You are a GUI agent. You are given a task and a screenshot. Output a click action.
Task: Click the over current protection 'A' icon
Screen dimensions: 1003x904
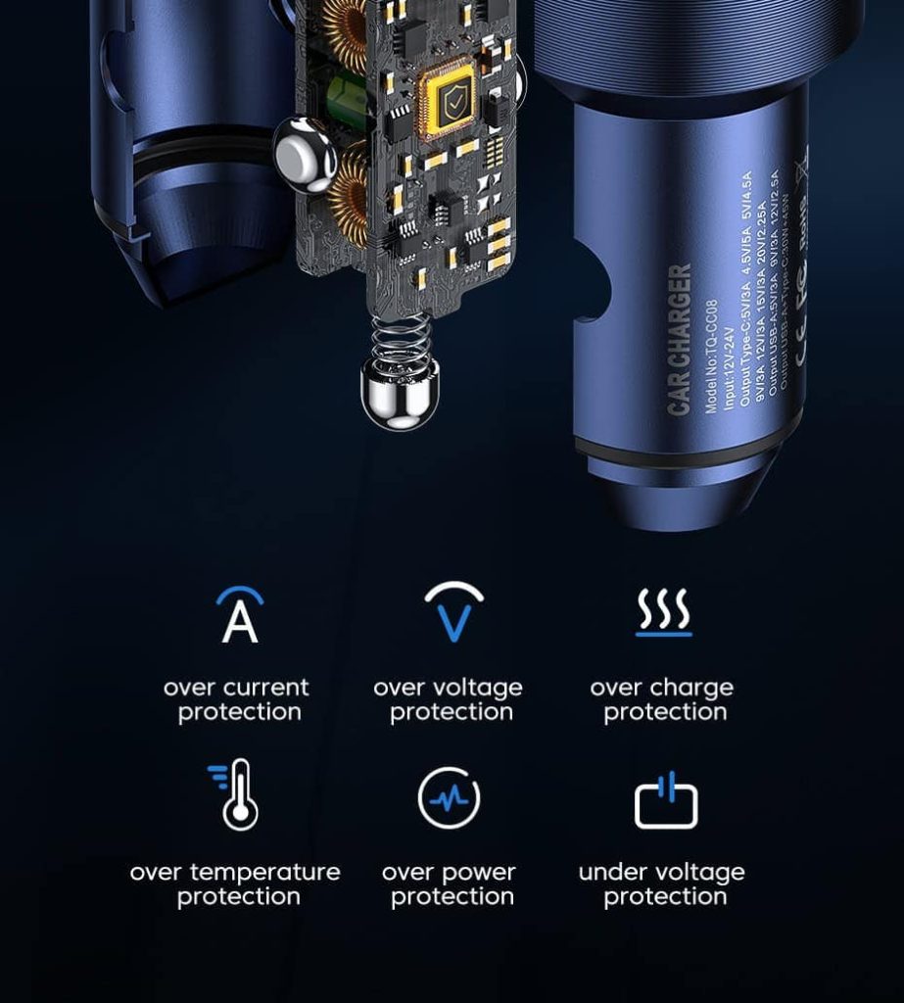tap(240, 615)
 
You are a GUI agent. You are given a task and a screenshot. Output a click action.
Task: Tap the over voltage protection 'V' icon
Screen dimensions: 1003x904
tap(453, 613)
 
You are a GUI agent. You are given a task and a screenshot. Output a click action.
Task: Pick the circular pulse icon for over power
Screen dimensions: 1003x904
tap(450, 798)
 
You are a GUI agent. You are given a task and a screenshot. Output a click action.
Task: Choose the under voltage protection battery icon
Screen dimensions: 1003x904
tap(666, 800)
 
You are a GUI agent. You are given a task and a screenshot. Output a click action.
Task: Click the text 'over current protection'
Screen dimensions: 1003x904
tap(237, 699)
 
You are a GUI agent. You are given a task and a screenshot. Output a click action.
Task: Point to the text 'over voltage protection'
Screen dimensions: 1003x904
tap(449, 699)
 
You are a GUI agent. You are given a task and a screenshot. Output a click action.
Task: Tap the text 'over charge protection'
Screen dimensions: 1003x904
tap(662, 699)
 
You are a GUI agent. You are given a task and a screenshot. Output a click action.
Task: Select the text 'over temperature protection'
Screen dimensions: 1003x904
tap(235, 884)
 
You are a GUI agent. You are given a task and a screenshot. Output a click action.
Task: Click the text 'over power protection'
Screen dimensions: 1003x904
tap(450, 884)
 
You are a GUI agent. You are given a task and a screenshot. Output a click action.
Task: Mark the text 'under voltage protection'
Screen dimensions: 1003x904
tap(662, 884)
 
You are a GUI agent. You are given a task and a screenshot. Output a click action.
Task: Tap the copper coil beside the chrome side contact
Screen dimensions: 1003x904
tap(348, 190)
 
